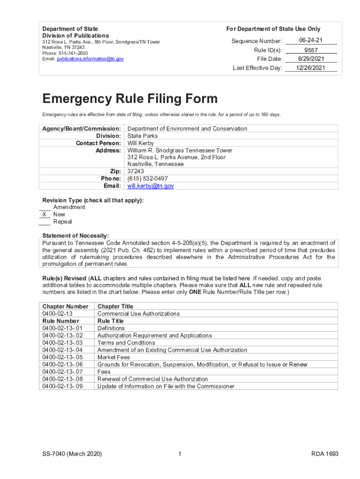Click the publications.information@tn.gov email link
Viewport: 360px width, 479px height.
pyautogui.click(x=90, y=59)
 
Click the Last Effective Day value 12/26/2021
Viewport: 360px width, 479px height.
pyautogui.click(x=310, y=68)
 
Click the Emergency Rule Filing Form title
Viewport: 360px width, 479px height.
pyautogui.click(x=130, y=99)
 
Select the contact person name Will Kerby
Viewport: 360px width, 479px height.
pyautogui.click(x=143, y=143)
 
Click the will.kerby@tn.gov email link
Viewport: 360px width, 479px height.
pyautogui.click(x=151, y=186)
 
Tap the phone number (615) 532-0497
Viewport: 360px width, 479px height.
pyautogui.click(x=147, y=179)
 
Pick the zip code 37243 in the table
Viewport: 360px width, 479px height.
pyautogui.click(x=136, y=172)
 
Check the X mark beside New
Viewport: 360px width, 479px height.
pyautogui.click(x=44, y=214)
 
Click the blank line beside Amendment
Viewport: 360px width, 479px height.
pyautogui.click(x=44, y=207)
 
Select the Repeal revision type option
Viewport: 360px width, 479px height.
pyautogui.click(x=62, y=222)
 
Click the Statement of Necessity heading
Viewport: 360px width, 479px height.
pyautogui.click(x=75, y=236)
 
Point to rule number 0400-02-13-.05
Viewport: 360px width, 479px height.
pyautogui.click(x=62, y=357)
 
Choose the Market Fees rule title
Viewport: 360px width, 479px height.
pyautogui.click(x=114, y=357)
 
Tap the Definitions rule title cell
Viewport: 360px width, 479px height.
pyautogui.click(x=111, y=328)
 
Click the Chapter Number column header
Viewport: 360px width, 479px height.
pyautogui.click(x=65, y=306)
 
